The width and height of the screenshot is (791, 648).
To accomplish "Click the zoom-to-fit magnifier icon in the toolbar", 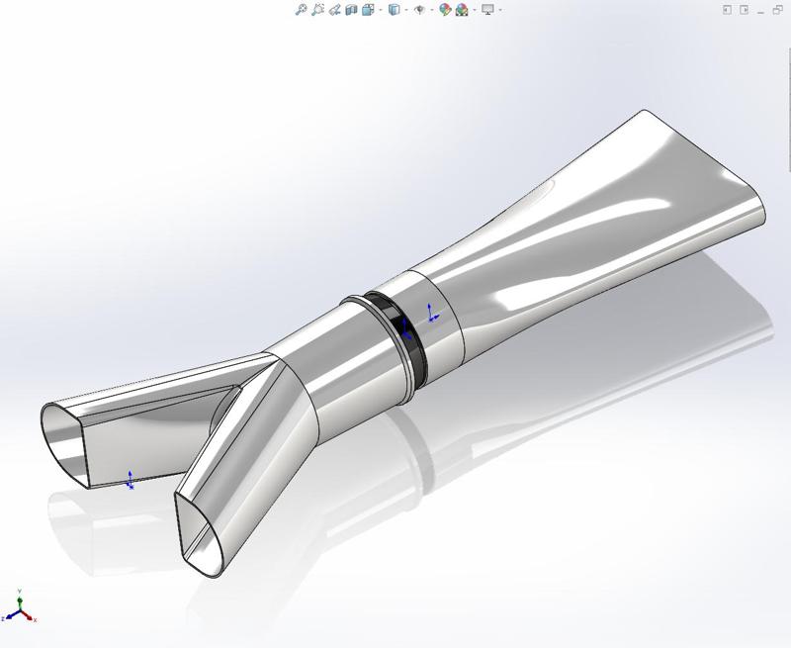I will (301, 10).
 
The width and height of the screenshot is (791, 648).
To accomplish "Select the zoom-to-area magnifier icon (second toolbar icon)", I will (317, 10).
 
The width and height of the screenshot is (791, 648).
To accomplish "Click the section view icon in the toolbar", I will (351, 10).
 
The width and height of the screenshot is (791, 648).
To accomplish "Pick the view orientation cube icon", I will (368, 10).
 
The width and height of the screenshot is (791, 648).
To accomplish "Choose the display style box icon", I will (394, 10).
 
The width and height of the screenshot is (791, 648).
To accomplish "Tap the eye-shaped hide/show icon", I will (420, 10).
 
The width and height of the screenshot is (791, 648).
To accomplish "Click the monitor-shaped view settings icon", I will (487, 10).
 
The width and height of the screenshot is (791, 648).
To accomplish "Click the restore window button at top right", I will (744, 10).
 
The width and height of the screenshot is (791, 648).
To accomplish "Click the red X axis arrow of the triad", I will (33, 618).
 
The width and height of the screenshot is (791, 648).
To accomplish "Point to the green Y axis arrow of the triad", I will (21, 598).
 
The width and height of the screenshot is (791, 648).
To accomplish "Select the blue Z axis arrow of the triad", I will (7, 616).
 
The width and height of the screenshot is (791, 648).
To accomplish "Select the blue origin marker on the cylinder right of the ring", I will (432, 315).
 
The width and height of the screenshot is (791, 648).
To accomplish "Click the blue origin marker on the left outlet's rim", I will (131, 481).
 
